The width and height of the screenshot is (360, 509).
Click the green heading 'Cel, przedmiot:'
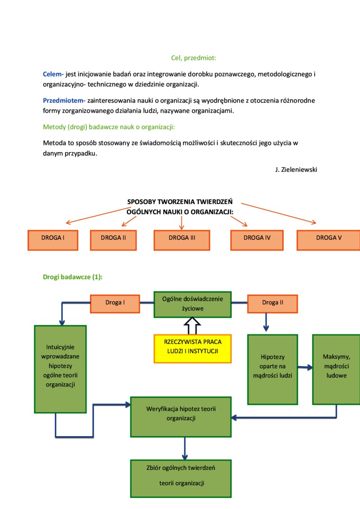[193, 58]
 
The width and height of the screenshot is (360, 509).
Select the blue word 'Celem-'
[53, 74]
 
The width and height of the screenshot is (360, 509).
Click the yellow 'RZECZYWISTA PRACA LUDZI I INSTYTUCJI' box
[192, 348]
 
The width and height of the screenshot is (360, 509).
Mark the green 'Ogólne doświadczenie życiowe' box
[192, 304]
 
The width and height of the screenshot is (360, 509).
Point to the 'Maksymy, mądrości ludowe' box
[336, 369]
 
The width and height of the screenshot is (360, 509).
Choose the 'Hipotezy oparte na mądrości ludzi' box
[272, 369]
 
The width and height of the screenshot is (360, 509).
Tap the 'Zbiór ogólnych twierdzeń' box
[181, 478]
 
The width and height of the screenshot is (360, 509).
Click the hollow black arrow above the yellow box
[192, 325]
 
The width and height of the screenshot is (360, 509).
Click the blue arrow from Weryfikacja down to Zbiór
[184, 448]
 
